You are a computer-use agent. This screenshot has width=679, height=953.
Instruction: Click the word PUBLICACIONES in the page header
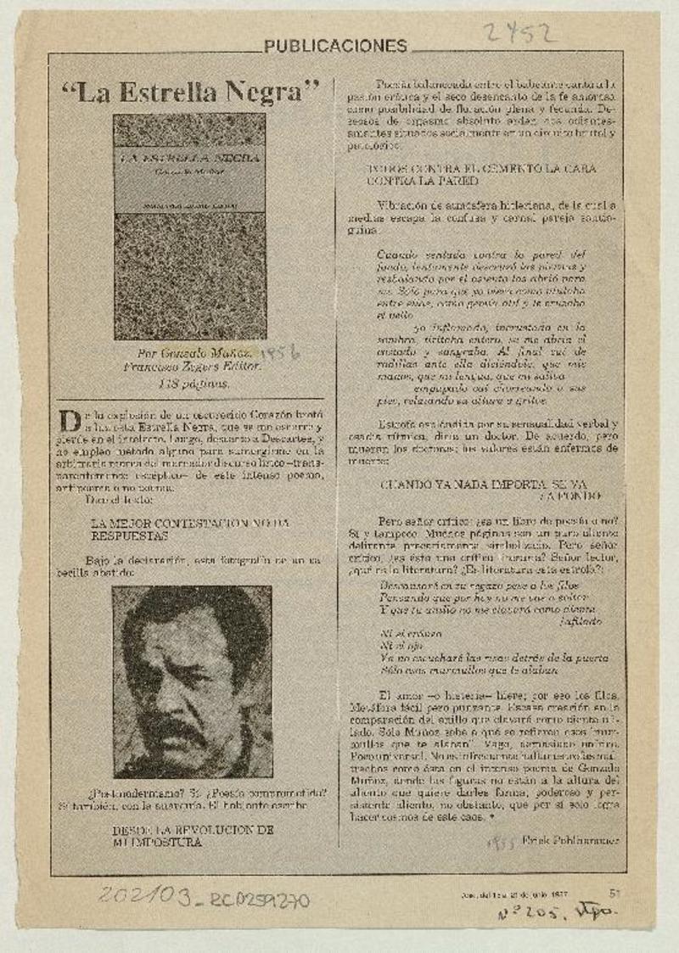point(335,47)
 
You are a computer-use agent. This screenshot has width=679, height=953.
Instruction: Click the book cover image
point(190,227)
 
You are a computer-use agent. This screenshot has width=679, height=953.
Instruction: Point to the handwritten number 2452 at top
point(519,34)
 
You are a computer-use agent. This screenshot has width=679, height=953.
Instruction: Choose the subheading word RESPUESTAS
point(130,535)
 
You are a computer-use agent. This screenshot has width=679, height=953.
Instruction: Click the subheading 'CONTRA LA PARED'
point(422,181)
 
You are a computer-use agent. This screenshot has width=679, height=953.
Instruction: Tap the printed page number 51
point(615,892)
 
